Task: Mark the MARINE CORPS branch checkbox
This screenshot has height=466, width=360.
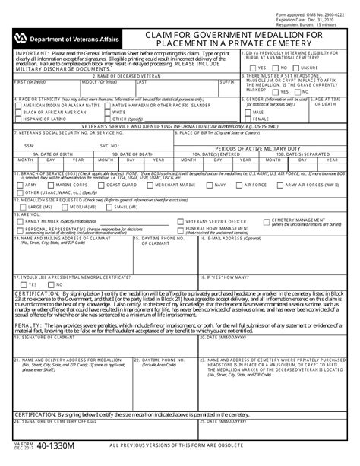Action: (x=51, y=185)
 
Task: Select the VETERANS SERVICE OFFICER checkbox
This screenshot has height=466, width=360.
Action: (x=179, y=220)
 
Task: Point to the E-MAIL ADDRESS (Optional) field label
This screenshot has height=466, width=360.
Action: (x=232, y=236)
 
